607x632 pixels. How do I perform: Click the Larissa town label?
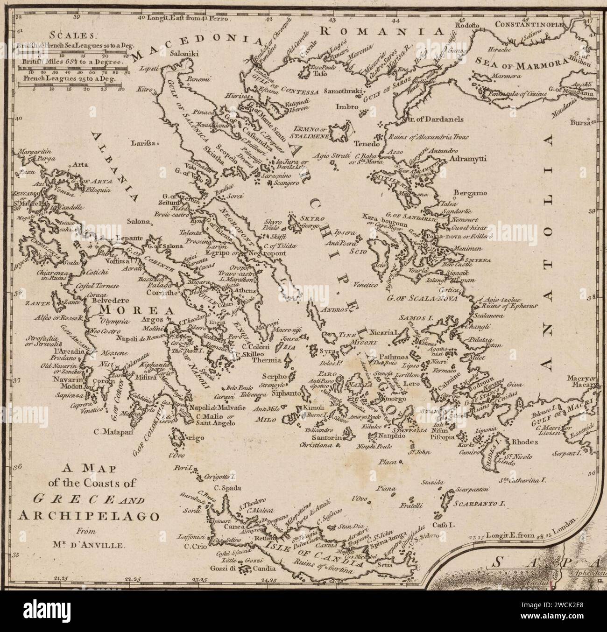coord(143,143)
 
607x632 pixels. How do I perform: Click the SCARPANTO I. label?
coord(480,504)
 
